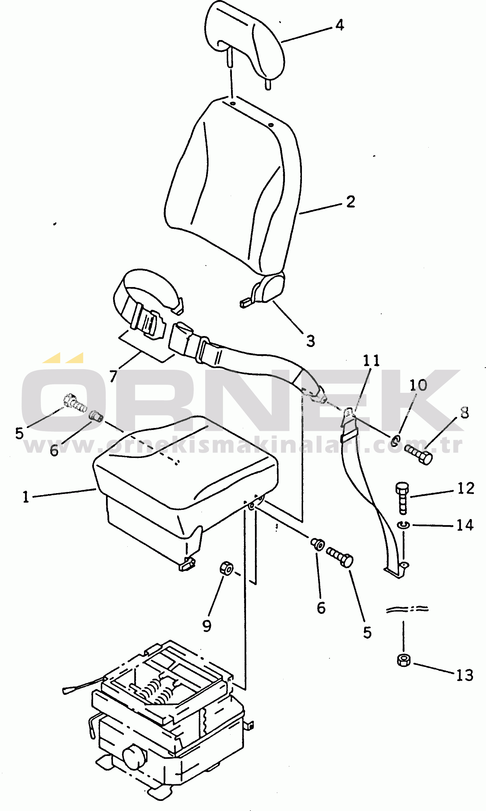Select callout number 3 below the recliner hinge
[311, 341]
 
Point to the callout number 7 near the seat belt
[113, 376]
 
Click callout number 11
[371, 361]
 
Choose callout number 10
[418, 385]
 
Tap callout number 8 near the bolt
[465, 413]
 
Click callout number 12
[465, 489]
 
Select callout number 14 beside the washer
[465, 525]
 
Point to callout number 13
[465, 675]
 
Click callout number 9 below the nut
[207, 626]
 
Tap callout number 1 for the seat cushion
[26, 497]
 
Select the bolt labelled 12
[402, 499]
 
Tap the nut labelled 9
[227, 568]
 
